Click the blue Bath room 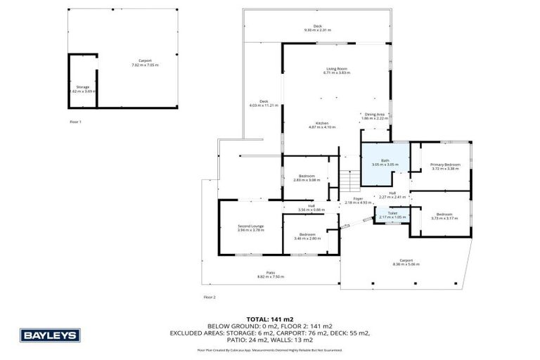(384, 164)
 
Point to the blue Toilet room (392, 214)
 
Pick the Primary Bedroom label (445, 166)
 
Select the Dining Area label (374, 116)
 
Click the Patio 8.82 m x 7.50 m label (270, 275)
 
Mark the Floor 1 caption (75, 122)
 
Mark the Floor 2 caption (209, 297)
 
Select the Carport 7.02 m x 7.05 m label (145, 63)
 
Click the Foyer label (358, 200)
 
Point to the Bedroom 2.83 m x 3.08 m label (306, 177)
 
